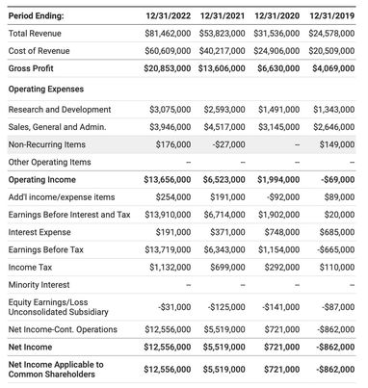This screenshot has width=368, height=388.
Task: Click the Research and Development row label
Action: pos(59,110)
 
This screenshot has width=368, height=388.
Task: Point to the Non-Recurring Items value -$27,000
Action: pos(227,144)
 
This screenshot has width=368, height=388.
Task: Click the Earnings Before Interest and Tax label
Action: pos(68,215)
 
